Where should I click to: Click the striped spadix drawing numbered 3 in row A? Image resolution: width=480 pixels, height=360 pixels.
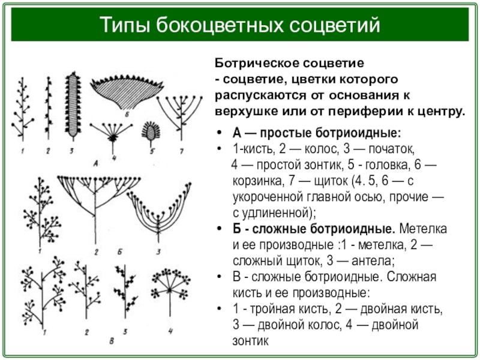73,103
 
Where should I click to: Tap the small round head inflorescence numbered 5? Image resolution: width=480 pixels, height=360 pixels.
149,131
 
